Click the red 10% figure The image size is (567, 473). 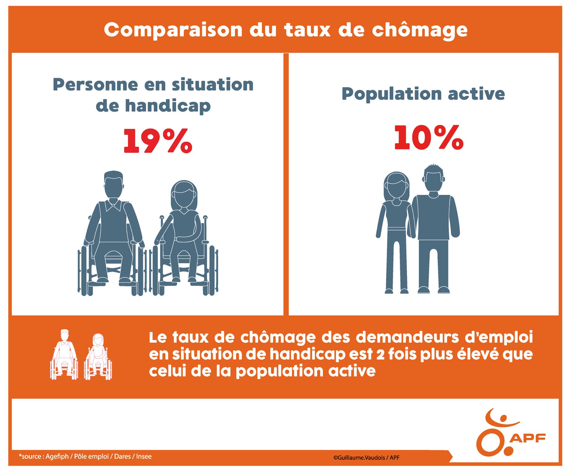(429, 138)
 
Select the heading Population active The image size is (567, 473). (423, 94)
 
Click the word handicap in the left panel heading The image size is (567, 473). (168, 105)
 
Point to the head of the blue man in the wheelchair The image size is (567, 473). (113, 184)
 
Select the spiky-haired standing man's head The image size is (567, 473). (433, 179)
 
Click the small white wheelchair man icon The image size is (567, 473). (64, 354)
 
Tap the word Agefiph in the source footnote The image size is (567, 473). (57, 456)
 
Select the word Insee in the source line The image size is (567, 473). (144, 456)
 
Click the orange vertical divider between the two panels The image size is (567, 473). (286, 184)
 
